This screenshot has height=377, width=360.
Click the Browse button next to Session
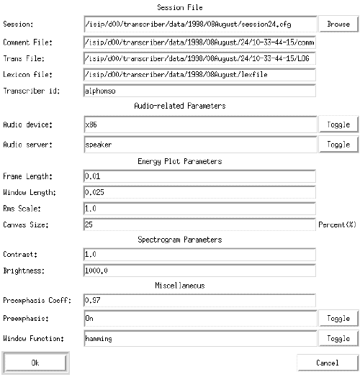tap(338, 24)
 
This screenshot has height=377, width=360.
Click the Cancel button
tap(327, 362)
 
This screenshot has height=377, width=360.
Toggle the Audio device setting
tap(338, 124)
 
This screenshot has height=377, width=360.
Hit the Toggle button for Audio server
tap(338, 144)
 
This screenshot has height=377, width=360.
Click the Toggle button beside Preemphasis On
tap(338, 317)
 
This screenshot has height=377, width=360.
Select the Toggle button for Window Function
tap(338, 337)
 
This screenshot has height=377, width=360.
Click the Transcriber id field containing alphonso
tap(199, 91)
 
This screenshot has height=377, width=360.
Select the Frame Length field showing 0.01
tap(199, 176)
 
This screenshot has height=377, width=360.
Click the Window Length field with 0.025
tap(199, 192)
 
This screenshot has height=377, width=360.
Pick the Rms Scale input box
tap(199, 209)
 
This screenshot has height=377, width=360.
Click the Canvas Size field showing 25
tap(199, 224)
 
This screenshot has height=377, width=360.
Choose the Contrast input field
tap(199, 255)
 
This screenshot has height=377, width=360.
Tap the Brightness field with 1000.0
tap(199, 271)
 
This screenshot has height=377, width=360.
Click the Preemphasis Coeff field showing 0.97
tap(199, 300)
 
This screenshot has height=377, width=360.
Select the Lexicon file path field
tap(199, 75)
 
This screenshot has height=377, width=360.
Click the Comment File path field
tap(199, 42)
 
